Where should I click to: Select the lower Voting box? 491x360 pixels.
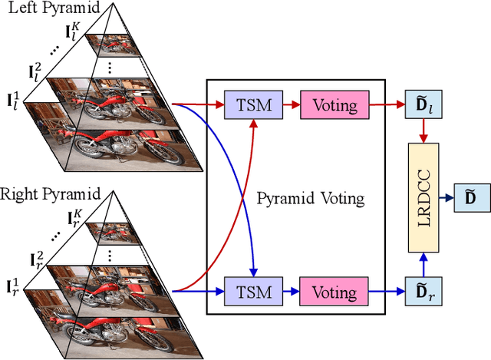[x=334, y=292]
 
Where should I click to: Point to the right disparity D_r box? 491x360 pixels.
[x=422, y=292]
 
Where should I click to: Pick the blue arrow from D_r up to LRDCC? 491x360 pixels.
[x=422, y=266]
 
